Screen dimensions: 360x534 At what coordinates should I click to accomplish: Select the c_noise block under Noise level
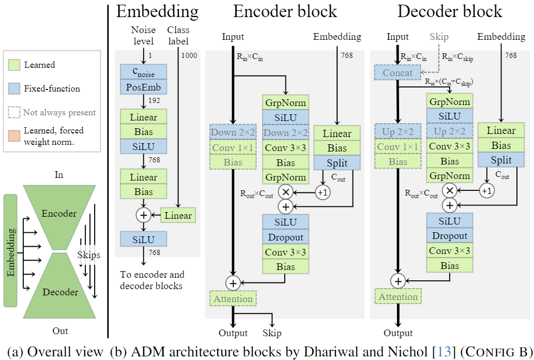pyautogui.click(x=144, y=72)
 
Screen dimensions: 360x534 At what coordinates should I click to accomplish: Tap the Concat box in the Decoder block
pyautogui.click(x=398, y=73)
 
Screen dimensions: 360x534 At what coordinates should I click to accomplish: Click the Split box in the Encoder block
pyautogui.click(x=337, y=163)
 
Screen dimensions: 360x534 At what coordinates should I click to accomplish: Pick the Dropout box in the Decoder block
pyautogui.click(x=450, y=235)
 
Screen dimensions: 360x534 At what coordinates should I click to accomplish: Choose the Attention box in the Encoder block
pyautogui.click(x=233, y=298)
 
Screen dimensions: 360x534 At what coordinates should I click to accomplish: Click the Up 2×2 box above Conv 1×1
pyautogui.click(x=398, y=131)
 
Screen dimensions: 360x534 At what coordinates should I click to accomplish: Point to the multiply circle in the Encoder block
pyautogui.click(x=285, y=192)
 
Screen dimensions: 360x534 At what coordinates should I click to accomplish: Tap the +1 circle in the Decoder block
pyautogui.click(x=486, y=190)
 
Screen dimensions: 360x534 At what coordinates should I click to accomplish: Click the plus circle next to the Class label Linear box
pyautogui.click(x=144, y=215)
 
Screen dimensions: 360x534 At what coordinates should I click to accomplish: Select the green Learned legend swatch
pyautogui.click(x=13, y=65)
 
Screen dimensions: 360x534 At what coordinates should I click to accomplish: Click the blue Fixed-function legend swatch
pyautogui.click(x=13, y=88)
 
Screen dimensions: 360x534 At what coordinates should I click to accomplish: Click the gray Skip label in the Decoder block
pyautogui.click(x=439, y=37)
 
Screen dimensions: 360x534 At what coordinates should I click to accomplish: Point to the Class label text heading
pyautogui.click(x=178, y=35)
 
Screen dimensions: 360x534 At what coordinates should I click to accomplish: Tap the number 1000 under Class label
pyautogui.click(x=189, y=56)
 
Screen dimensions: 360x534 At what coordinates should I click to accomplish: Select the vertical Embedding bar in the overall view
pyautogui.click(x=10, y=250)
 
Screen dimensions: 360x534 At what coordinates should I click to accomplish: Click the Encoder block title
pyautogui.click(x=285, y=11)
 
